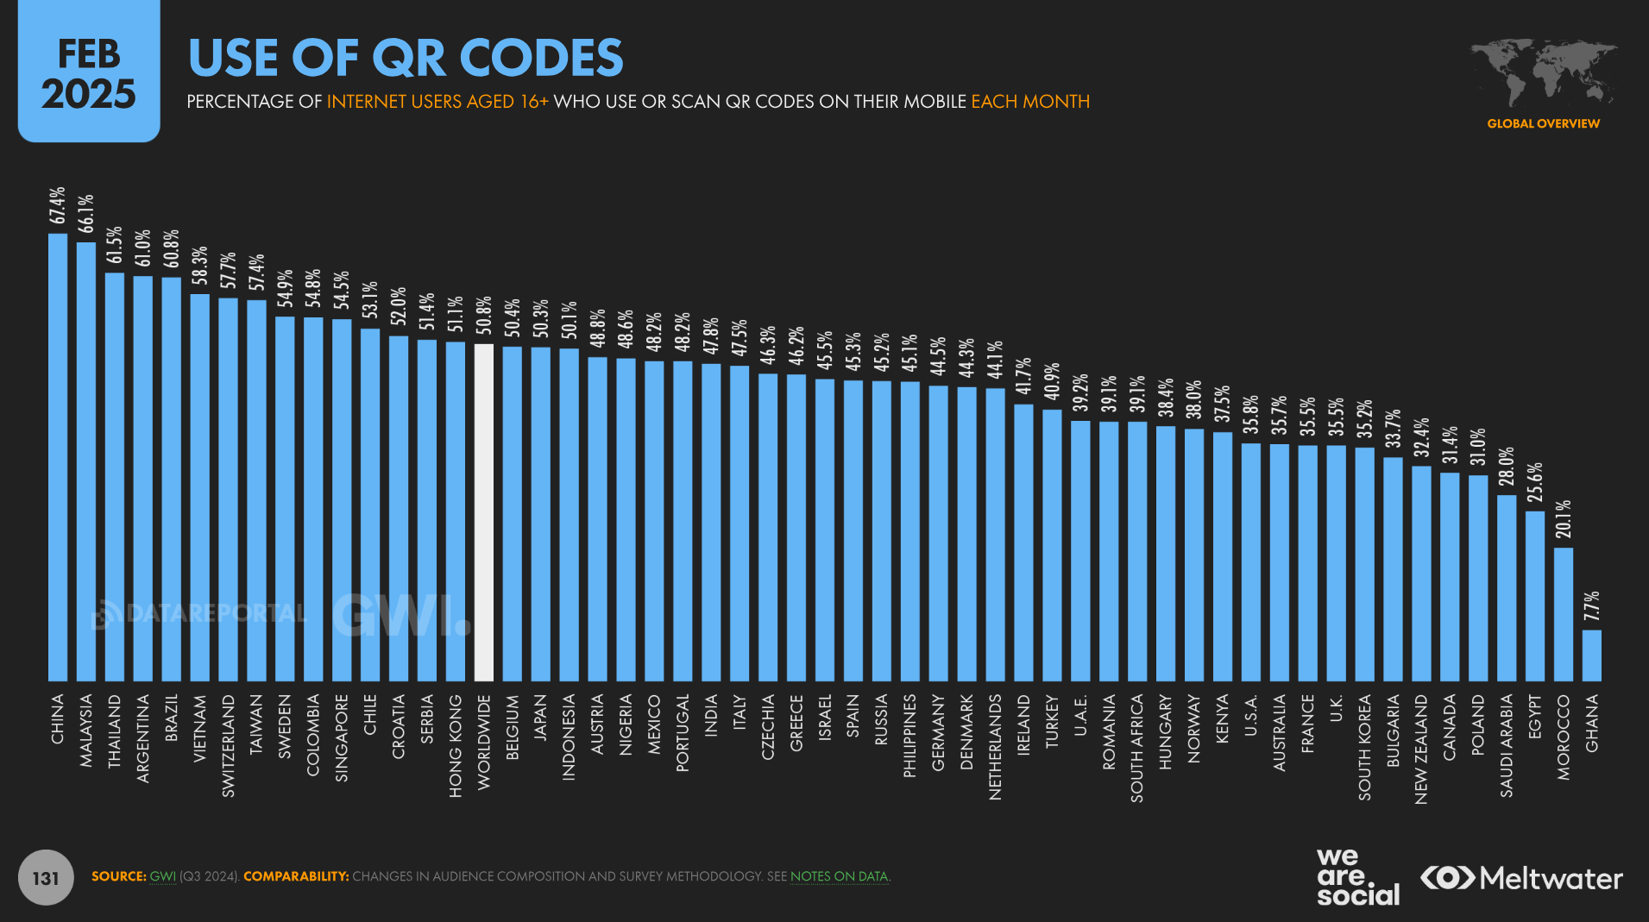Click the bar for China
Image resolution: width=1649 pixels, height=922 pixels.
(x=58, y=457)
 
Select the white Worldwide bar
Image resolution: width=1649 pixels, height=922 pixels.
(x=484, y=512)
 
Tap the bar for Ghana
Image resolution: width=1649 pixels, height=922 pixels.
(x=1591, y=655)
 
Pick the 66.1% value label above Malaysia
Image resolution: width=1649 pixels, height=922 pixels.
(x=86, y=213)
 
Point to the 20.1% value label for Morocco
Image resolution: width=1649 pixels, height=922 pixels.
(x=1564, y=519)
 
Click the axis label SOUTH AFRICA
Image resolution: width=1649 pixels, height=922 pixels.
(x=1137, y=748)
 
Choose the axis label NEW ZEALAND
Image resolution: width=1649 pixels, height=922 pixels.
(x=1421, y=749)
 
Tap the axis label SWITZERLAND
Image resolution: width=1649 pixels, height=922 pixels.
(x=228, y=745)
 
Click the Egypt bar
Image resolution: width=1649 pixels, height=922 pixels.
(x=1535, y=596)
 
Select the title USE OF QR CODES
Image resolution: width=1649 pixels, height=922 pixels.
(x=406, y=58)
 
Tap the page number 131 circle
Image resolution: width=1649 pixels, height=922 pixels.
(x=46, y=878)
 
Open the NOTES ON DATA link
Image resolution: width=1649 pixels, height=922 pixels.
(x=839, y=876)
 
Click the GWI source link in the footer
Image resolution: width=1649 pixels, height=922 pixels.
(x=162, y=876)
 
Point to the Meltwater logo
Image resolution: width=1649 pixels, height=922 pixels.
(x=1521, y=878)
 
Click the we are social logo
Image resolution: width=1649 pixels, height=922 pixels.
(x=1357, y=876)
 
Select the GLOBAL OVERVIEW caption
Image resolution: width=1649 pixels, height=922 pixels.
(x=1543, y=123)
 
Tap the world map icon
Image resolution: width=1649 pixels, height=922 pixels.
(x=1543, y=72)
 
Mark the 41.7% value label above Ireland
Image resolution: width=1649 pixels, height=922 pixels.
(x=1023, y=376)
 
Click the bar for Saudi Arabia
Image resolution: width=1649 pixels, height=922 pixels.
(x=1507, y=587)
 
